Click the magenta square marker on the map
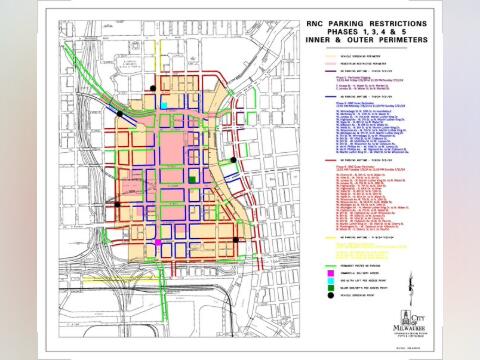point(157,242)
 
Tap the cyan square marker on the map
point(164,104)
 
